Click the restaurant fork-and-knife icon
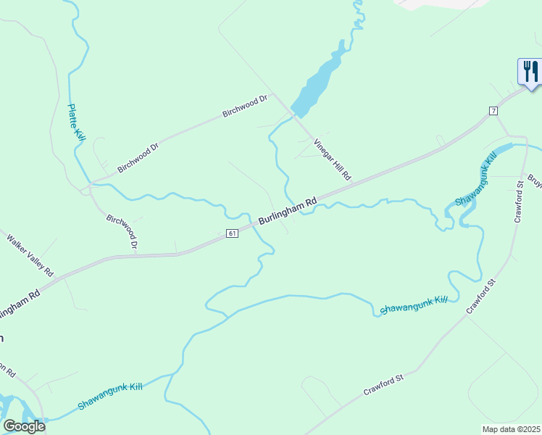click(x=530, y=71)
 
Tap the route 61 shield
click(x=232, y=233)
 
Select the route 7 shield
click(x=493, y=110)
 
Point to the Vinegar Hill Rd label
click(x=333, y=159)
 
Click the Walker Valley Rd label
click(x=31, y=254)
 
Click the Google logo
click(x=24, y=426)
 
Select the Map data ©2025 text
click(x=512, y=429)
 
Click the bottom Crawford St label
click(x=383, y=385)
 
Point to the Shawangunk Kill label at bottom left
click(x=109, y=397)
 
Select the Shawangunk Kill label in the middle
click(x=414, y=304)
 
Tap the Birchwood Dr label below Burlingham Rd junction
click(x=122, y=231)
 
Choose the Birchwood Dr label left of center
click(x=138, y=157)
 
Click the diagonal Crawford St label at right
click(x=480, y=297)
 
